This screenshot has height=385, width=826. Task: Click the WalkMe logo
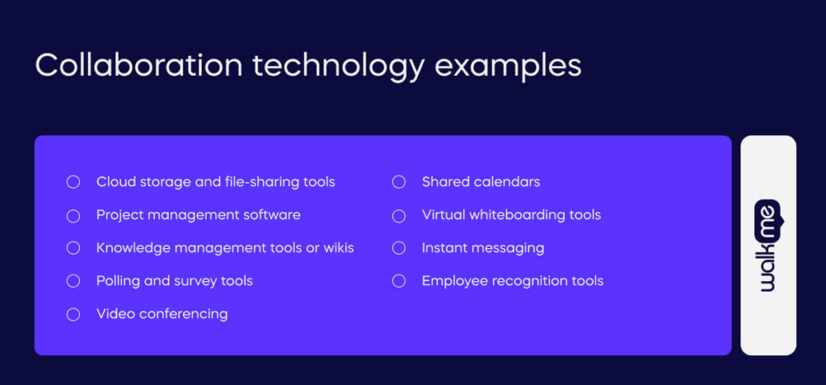pos(768,245)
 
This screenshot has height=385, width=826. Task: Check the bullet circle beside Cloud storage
pos(73,182)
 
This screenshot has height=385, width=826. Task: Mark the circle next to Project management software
pos(73,216)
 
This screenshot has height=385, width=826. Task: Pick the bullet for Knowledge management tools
pos(73,248)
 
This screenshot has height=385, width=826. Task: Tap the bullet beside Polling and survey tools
pos(73,281)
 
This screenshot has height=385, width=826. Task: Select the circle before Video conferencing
pos(73,314)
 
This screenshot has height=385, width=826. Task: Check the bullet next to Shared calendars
pos(398,182)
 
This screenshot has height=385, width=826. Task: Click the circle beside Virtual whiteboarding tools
pos(398,216)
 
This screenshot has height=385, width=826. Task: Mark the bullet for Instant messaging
pos(398,248)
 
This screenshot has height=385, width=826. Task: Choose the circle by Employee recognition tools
pos(398,281)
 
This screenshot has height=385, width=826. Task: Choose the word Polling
pos(119,281)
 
